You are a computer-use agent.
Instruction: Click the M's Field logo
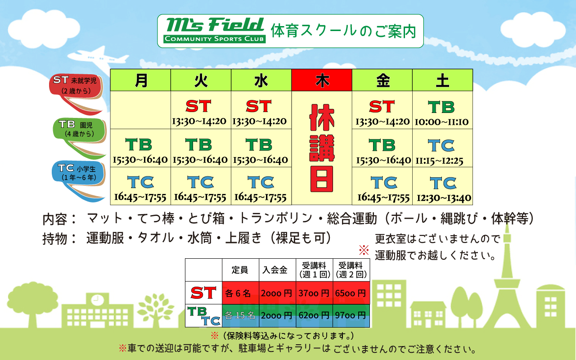pos(215,30)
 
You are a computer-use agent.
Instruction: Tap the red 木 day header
pos(322,80)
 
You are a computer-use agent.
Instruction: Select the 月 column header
pos(140,80)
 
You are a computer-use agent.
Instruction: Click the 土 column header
pos(442,80)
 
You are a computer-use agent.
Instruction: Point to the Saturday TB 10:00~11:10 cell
pos(442,110)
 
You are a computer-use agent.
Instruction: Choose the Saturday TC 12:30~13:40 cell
pos(442,186)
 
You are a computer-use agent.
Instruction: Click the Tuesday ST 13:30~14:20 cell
pos(201,110)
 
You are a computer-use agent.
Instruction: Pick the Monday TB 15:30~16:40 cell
pos(140,148)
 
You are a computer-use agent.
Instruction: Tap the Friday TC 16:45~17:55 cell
pos(382,186)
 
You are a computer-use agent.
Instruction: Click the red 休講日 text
pos(322,148)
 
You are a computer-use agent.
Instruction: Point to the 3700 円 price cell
pos(314,293)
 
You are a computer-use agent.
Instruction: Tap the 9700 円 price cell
pos(351,315)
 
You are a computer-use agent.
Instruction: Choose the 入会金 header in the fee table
pos(277,270)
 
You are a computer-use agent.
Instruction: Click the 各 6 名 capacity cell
pos(240,293)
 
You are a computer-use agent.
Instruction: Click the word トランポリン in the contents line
pos(275,218)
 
